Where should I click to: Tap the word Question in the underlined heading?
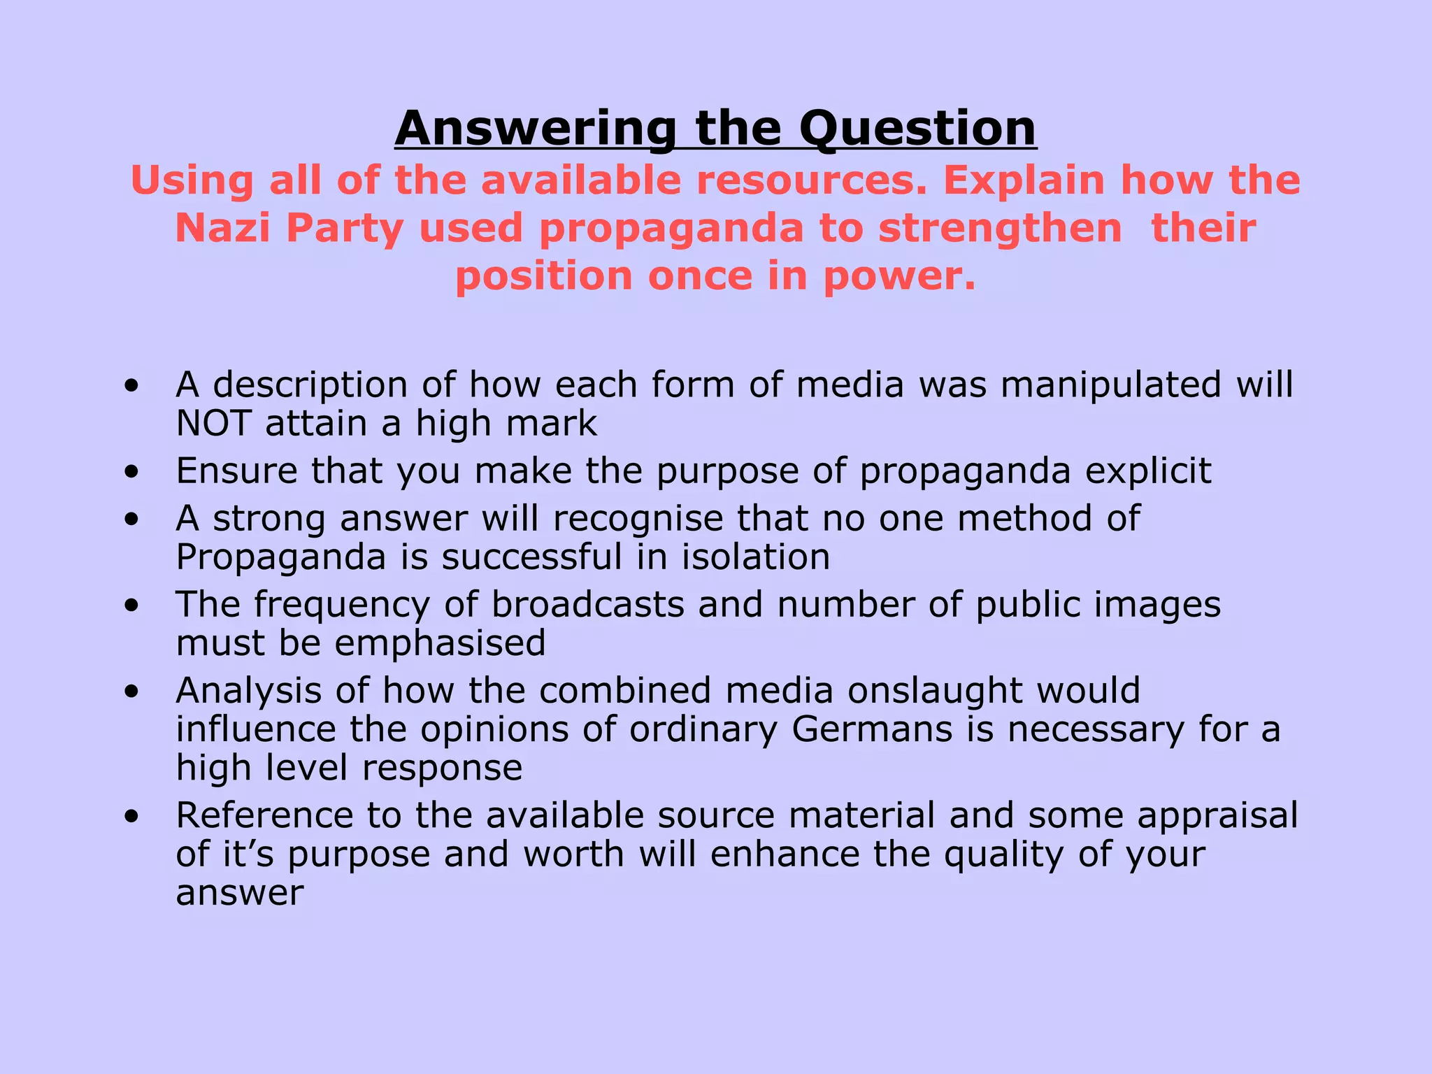917,129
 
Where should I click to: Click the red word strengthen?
1000,229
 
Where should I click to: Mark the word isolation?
756,557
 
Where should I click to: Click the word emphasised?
440,643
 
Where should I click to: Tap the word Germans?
872,729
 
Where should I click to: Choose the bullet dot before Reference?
131,817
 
